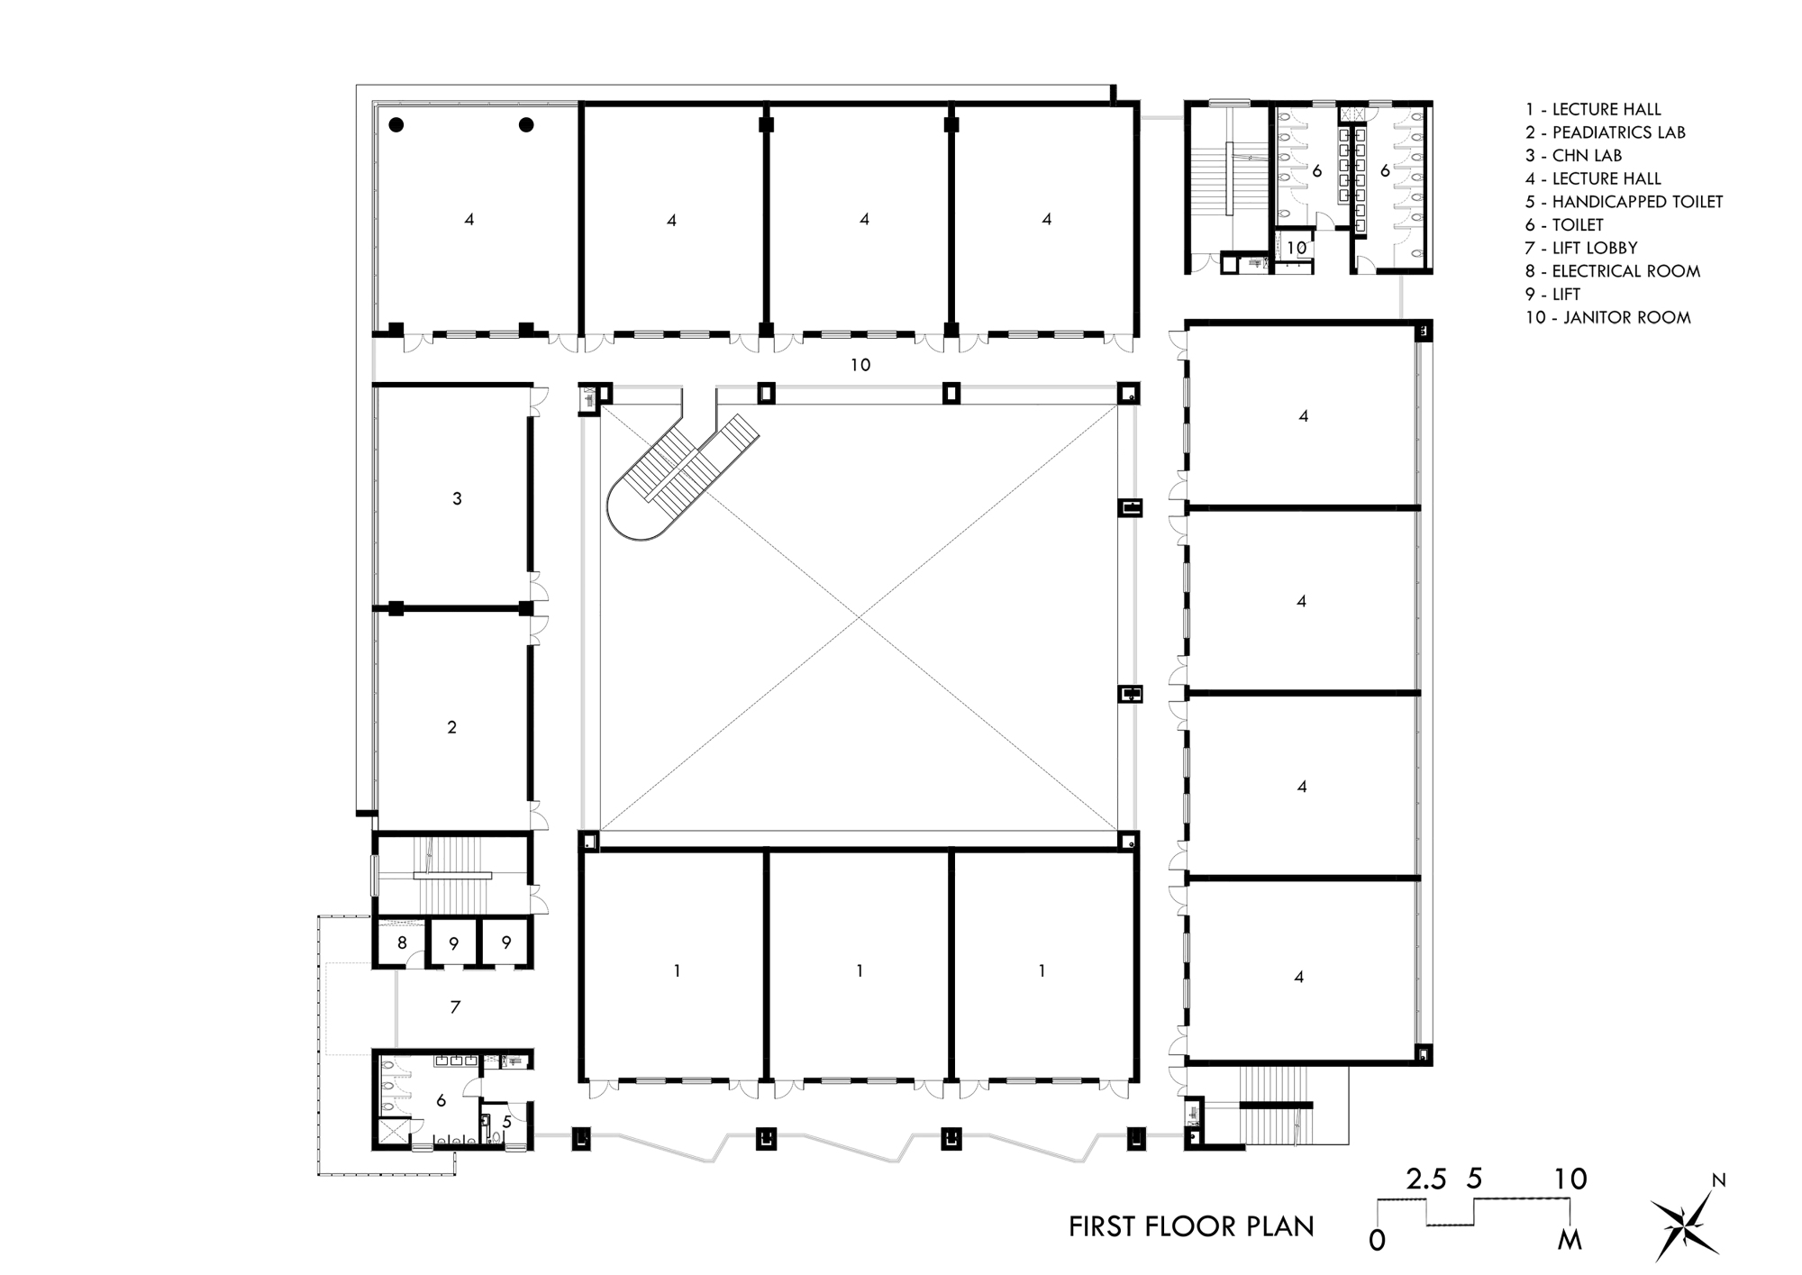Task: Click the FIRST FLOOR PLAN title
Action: (x=1190, y=1226)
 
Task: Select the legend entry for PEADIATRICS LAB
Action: (x=1605, y=132)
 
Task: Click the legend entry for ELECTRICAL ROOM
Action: (x=1612, y=271)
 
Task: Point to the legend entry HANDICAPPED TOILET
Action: (x=1624, y=202)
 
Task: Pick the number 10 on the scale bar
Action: (x=1570, y=1179)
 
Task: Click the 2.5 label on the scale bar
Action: (x=1426, y=1179)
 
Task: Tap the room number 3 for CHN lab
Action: (x=457, y=498)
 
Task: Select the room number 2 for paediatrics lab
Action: (x=452, y=727)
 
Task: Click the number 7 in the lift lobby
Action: (x=455, y=1007)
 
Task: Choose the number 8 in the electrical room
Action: (x=402, y=943)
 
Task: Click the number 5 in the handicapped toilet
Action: (x=507, y=1122)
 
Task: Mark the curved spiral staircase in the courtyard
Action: (x=671, y=478)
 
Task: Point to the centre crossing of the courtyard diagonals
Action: (x=859, y=617)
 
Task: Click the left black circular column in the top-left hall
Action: (x=396, y=125)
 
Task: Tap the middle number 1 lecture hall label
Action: (x=860, y=971)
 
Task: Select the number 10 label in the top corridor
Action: (x=860, y=365)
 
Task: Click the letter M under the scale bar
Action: (x=1569, y=1241)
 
